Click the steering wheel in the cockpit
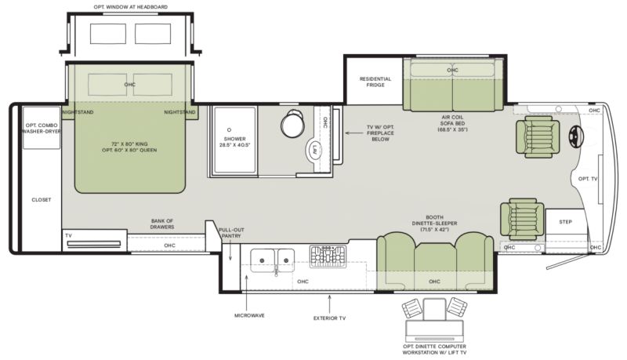576,136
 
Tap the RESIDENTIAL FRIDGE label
375,82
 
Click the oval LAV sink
316,150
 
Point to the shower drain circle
229,129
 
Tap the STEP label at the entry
565,222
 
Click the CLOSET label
42,199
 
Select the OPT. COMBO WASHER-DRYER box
42,128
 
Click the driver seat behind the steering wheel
538,136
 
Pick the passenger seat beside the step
521,218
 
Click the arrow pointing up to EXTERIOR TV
329,304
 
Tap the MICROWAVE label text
249,315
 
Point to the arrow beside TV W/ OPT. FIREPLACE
354,133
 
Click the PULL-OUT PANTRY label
231,233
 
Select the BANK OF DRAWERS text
162,224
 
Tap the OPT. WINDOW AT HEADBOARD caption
131,7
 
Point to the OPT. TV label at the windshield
588,179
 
